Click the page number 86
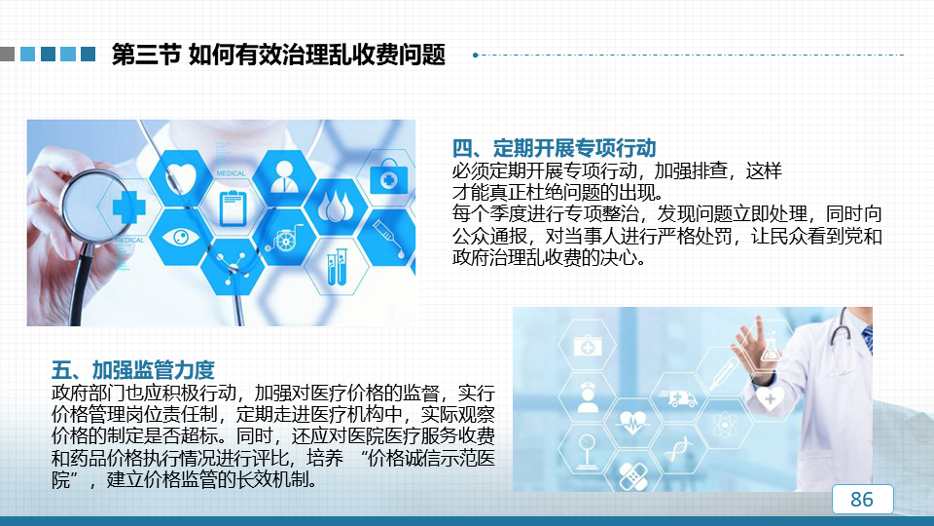tap(862, 499)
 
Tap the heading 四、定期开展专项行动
tap(554, 148)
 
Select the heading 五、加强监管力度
tap(133, 370)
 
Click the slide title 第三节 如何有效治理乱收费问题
tap(279, 55)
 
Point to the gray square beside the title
tap(7, 55)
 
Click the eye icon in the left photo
tap(181, 238)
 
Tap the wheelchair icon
tap(285, 238)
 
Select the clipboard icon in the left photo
tap(233, 207)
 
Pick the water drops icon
tap(336, 207)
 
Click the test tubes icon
tap(337, 267)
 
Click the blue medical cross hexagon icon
tap(128, 207)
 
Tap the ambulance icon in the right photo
tap(678, 398)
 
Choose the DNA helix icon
tap(678, 449)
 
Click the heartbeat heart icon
tap(633, 423)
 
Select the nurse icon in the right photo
tap(588, 397)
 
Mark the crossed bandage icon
tap(632, 475)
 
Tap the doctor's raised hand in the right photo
tap(752, 345)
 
